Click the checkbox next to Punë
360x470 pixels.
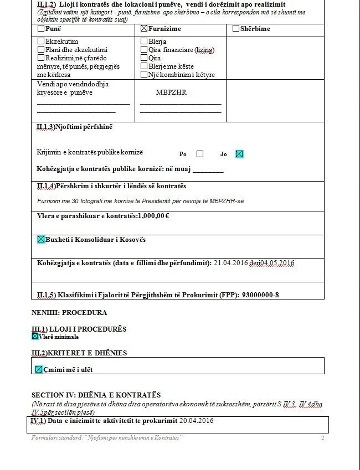(x=41, y=29)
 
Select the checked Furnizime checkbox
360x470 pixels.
(x=145, y=29)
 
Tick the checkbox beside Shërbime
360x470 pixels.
(x=236, y=29)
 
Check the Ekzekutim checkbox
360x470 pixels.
(x=41, y=42)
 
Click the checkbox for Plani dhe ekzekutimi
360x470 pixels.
(x=41, y=50)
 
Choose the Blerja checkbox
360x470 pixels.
(x=144, y=42)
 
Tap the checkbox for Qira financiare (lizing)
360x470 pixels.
(x=144, y=50)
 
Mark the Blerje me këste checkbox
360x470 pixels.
(x=144, y=66)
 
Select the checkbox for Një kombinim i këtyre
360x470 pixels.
(x=144, y=74)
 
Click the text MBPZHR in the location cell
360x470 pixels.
(x=171, y=92)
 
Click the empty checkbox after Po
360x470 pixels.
(x=200, y=154)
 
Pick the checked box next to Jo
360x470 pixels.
(x=239, y=154)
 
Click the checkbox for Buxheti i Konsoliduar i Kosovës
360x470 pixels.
(x=40, y=240)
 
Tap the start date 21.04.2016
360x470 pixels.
(x=230, y=262)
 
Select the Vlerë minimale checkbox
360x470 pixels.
(x=35, y=336)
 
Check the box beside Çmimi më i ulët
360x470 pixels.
(x=39, y=369)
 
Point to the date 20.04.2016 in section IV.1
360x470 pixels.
(x=197, y=421)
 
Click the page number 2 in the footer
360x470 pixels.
(x=322, y=438)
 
